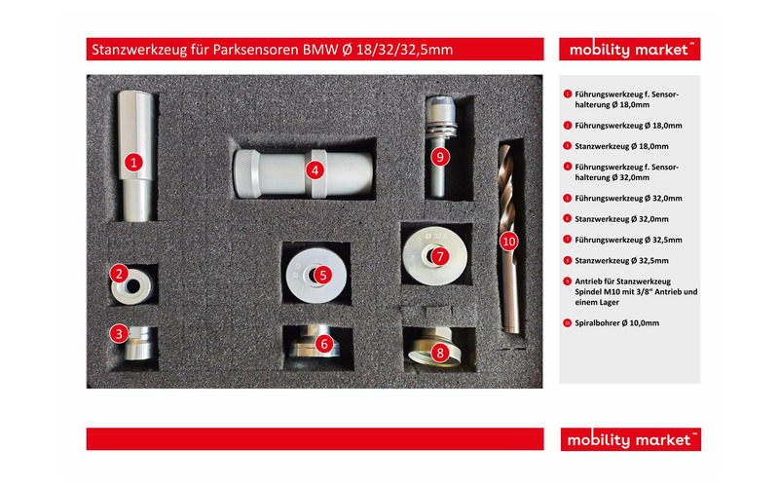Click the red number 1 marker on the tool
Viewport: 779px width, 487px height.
(x=133, y=162)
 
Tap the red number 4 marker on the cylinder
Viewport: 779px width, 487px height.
(x=315, y=170)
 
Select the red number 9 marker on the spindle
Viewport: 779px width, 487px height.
(x=440, y=157)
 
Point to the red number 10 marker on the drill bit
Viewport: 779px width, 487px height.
(x=508, y=242)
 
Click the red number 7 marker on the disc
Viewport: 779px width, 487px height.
(x=440, y=256)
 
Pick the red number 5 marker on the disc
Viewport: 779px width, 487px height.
(x=323, y=275)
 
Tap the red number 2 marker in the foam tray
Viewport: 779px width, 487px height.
(x=119, y=274)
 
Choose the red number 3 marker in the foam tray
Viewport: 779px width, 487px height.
(x=119, y=333)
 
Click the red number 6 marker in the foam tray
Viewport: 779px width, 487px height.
(x=324, y=344)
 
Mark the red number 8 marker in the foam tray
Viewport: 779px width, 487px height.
(x=440, y=353)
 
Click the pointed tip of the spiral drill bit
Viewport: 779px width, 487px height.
(x=504, y=146)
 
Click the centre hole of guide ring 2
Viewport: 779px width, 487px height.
(x=132, y=286)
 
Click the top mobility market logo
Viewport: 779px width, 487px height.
(x=629, y=50)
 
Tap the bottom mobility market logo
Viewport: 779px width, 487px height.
(x=630, y=439)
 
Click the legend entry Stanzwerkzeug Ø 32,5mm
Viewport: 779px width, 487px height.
(x=621, y=260)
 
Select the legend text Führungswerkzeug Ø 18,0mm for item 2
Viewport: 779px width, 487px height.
(x=628, y=126)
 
